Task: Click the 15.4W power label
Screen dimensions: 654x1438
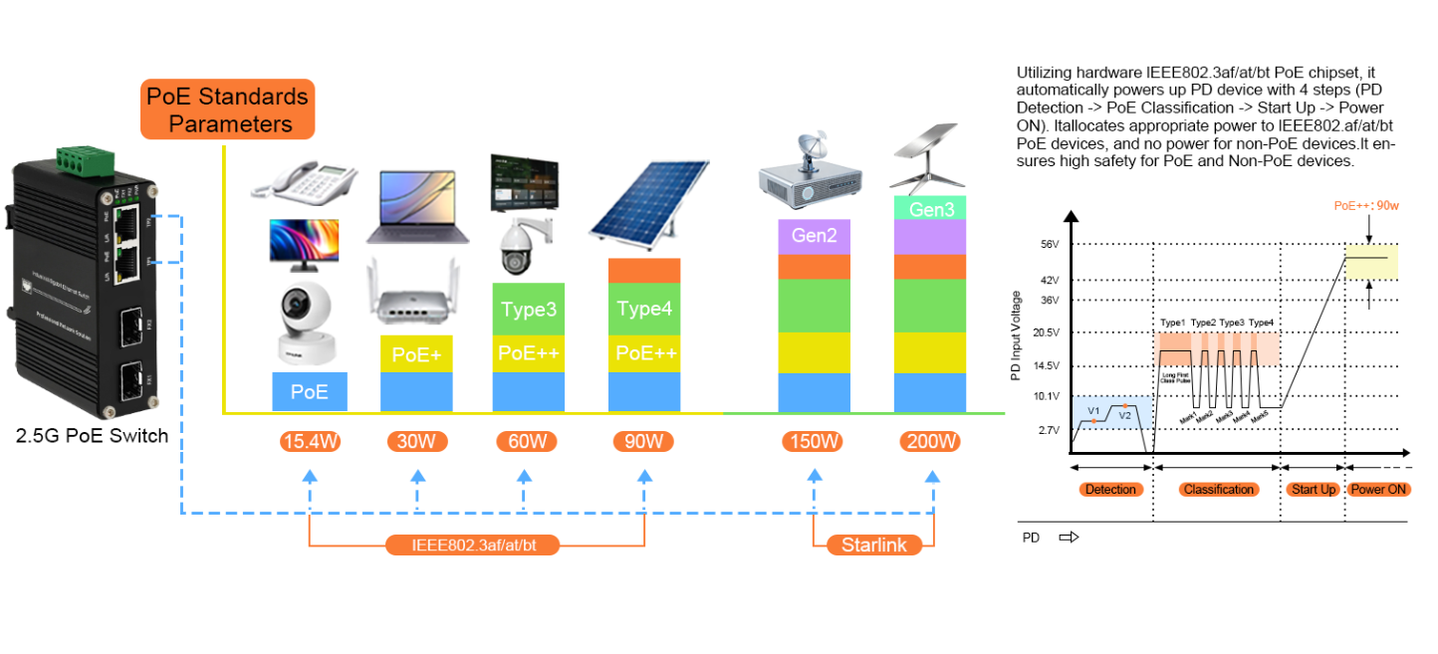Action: point(310,441)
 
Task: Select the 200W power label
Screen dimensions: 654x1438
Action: point(931,441)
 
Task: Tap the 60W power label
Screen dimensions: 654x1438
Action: point(526,441)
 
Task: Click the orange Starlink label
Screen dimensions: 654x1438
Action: point(873,545)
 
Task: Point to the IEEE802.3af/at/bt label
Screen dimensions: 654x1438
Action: point(473,545)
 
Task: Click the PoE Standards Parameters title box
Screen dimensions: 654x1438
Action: point(227,109)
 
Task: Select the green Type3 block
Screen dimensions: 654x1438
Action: point(528,310)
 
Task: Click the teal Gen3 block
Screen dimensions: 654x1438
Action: point(930,209)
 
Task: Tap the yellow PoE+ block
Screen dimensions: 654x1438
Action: point(416,353)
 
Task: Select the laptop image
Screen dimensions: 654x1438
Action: point(417,206)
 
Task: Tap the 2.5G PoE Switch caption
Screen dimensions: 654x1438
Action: point(92,435)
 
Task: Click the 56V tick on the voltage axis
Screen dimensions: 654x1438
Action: point(1050,244)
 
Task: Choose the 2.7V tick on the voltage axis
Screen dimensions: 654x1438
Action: point(1050,430)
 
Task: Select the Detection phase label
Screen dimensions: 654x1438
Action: point(1110,490)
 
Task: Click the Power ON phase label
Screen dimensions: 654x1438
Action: point(1378,490)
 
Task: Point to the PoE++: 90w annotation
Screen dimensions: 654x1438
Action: point(1368,206)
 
